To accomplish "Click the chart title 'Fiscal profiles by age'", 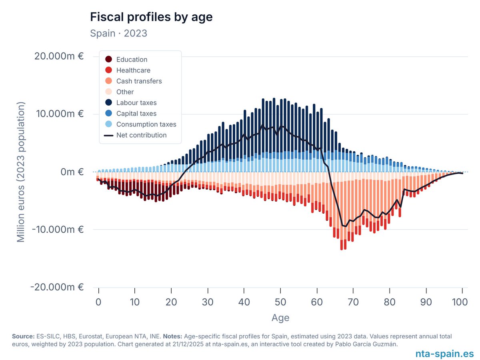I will click(151, 17).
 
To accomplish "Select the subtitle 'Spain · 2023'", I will click(118, 33).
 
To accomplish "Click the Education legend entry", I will click(132, 60).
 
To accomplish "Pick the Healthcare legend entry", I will click(133, 70).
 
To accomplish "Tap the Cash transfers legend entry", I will click(139, 81).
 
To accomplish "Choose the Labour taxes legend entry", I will click(136, 103).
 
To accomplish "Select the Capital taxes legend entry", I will click(136, 114).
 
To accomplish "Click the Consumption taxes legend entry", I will click(146, 124).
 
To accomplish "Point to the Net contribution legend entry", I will click(141, 135).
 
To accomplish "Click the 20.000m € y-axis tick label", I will click(59, 56).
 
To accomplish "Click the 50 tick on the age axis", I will click(280, 302).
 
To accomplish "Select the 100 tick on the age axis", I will click(462, 302).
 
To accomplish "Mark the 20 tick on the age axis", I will click(171, 302).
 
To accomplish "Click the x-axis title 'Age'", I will click(280, 318).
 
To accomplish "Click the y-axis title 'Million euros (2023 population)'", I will click(21, 172).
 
